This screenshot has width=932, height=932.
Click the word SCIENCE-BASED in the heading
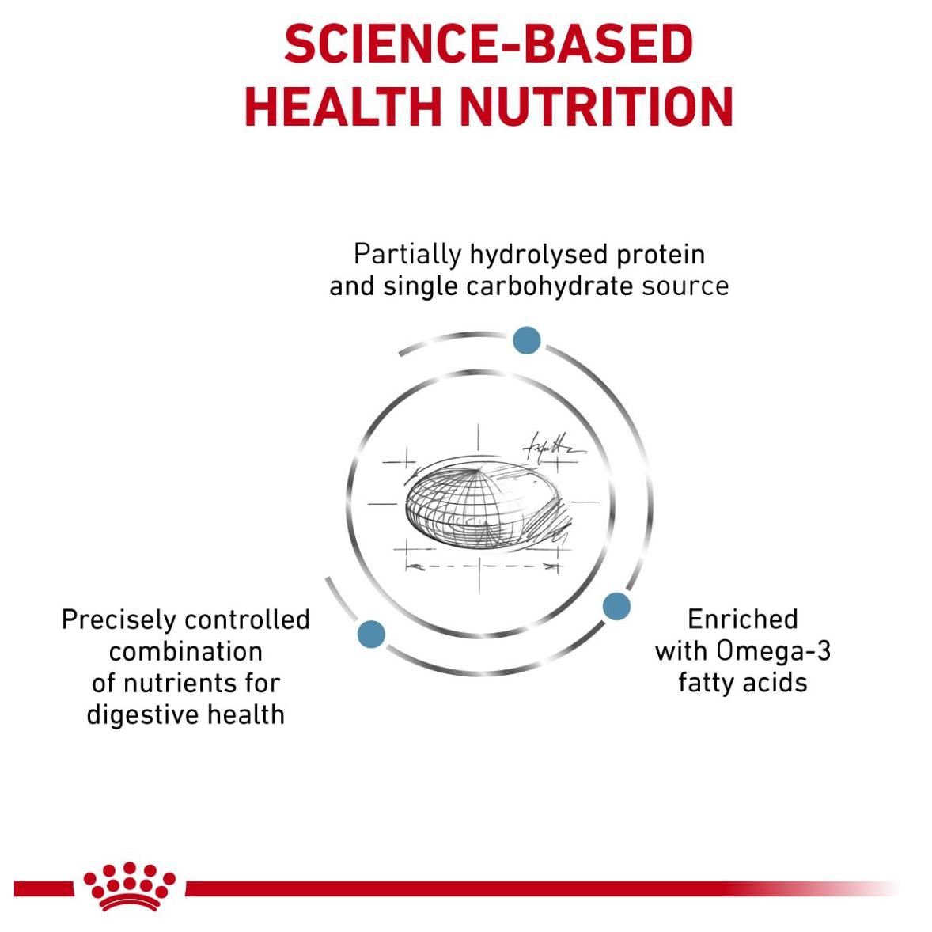click(x=489, y=44)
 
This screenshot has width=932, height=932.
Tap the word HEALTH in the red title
click(x=343, y=107)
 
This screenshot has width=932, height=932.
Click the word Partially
click(x=407, y=255)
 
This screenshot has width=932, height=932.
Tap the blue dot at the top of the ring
click(x=527, y=340)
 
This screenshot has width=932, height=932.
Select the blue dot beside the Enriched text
click(x=616, y=606)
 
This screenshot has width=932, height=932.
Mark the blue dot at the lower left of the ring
click(x=372, y=634)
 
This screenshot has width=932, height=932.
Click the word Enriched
click(x=742, y=619)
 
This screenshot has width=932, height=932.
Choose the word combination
click(x=185, y=652)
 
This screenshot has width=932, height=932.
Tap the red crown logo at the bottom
click(x=129, y=886)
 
